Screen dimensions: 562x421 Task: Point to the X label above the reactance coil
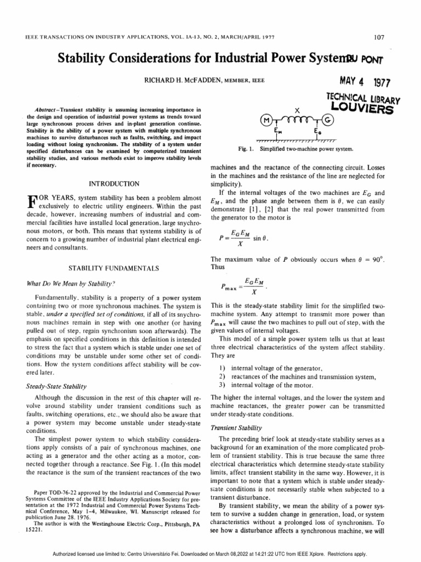(x=296, y=109)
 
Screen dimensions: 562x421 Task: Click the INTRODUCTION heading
(x=114, y=183)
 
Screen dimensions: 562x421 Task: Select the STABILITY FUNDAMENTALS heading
(x=114, y=268)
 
